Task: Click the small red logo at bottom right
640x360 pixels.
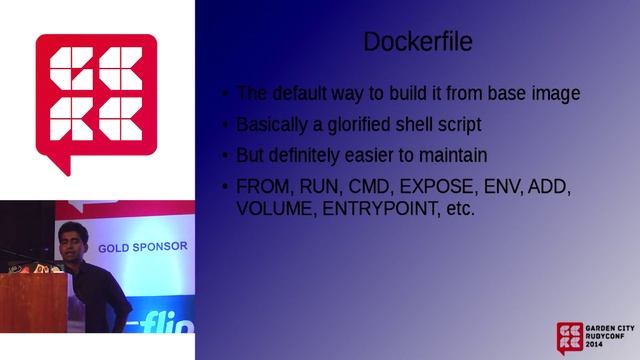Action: pos(570,338)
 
